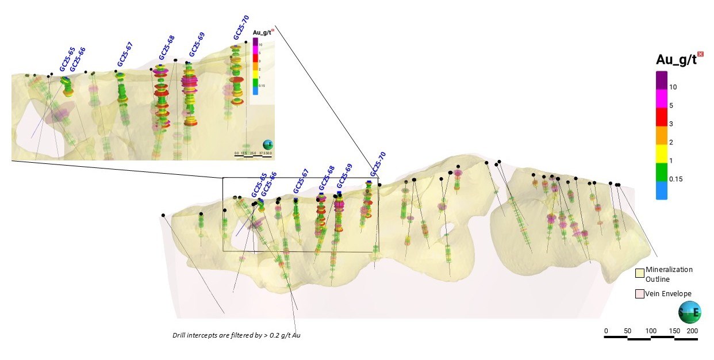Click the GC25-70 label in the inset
[241, 27]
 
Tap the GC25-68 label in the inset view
[167, 48]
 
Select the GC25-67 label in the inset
[125, 55]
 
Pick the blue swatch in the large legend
[662, 190]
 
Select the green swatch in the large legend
[662, 170]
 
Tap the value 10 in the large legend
[674, 86]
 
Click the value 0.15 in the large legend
[676, 179]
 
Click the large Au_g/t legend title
[675, 60]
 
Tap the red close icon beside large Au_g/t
[700, 54]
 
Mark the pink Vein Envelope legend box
[639, 294]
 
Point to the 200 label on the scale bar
[693, 331]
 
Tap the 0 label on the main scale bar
[605, 331]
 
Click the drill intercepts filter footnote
[237, 335]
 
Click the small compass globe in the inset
[267, 145]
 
